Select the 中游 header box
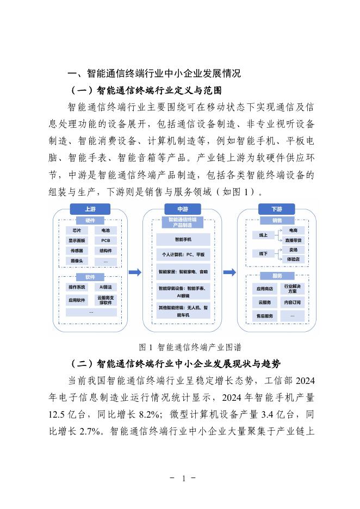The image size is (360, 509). pos(182,209)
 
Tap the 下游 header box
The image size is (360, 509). pos(276,209)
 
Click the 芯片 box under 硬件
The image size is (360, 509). pos(77,231)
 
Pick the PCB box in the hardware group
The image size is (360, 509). pos(105,240)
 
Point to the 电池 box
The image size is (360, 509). pos(105,231)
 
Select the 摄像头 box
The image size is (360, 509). pos(77,261)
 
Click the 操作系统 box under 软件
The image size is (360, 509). pos(77,287)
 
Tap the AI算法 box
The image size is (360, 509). pos(105,287)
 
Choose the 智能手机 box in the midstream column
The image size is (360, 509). pos(182,239)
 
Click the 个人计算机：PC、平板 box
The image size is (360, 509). pos(182,254)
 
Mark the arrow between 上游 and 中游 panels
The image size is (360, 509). pos(134,272)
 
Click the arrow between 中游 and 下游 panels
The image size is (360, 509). pos(229,272)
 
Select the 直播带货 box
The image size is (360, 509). pos(296,240)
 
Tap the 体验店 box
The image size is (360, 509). pos(296,259)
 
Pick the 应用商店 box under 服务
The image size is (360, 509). pos(265,288)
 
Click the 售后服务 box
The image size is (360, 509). pos(265,315)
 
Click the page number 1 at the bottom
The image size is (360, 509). pos(183,479)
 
